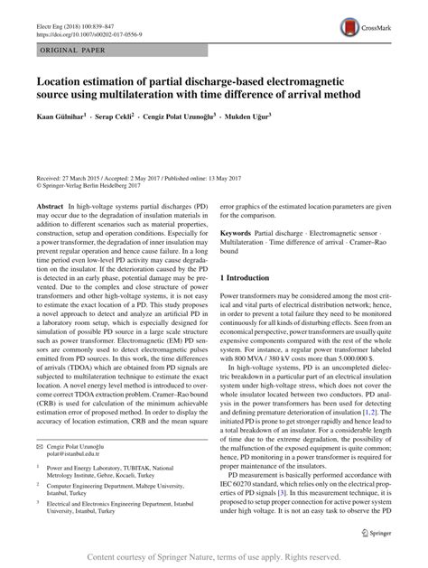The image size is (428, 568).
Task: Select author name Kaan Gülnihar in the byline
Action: click(x=60, y=143)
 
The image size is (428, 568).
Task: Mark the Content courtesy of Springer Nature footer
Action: click(x=214, y=558)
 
